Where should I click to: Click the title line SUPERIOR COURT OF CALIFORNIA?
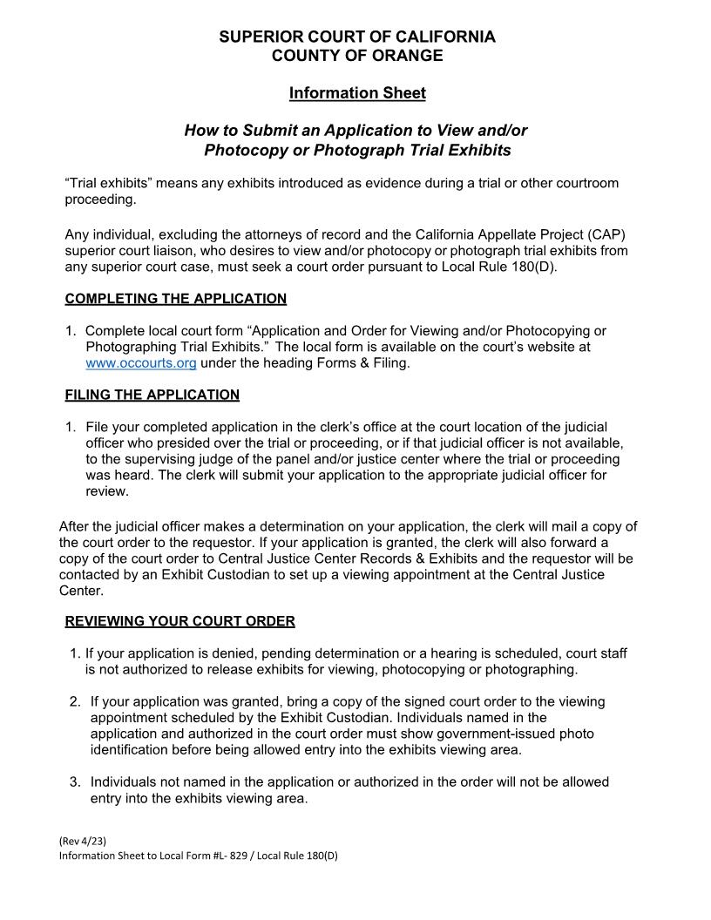click(356, 37)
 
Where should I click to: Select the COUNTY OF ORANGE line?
click(356, 56)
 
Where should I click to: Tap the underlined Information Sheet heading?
click(357, 92)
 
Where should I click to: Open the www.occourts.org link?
click(140, 362)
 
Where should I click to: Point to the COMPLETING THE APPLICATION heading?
click(175, 299)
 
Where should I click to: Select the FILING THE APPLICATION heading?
click(152, 395)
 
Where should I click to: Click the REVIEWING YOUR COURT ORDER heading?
click(179, 621)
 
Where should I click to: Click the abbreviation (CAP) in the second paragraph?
click(607, 234)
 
